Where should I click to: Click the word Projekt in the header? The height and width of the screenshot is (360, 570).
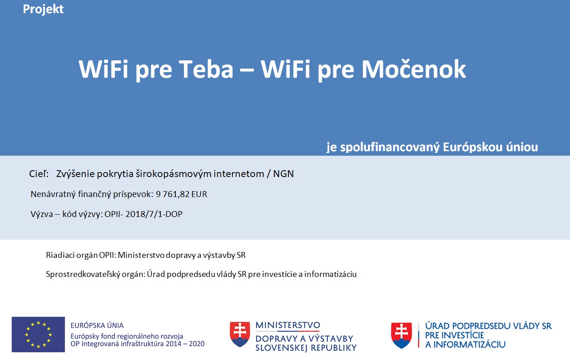point(43,10)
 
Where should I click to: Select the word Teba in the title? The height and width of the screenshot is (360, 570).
point(206,69)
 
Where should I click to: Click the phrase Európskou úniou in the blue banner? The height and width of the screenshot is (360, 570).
point(491,147)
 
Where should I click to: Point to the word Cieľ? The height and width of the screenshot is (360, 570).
point(39,174)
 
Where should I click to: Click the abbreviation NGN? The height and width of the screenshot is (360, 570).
point(283,174)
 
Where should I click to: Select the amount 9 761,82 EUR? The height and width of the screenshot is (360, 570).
point(181,194)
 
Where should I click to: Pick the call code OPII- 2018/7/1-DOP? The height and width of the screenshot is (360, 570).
point(144,214)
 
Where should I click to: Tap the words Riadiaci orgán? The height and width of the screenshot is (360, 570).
point(71,255)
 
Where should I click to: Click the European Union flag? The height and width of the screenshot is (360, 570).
point(38,334)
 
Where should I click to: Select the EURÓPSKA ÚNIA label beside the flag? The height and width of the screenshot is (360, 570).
point(97,325)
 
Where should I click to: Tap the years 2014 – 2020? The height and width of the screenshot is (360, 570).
point(185,344)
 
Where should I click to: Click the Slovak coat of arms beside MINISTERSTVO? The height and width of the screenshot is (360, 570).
point(240,334)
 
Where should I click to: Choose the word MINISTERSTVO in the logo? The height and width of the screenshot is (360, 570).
point(288,325)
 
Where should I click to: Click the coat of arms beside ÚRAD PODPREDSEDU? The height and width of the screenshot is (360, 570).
point(401,335)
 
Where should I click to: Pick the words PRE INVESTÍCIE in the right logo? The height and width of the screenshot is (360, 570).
point(455,335)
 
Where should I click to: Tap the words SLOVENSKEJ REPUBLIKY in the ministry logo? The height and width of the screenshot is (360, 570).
point(306,348)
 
